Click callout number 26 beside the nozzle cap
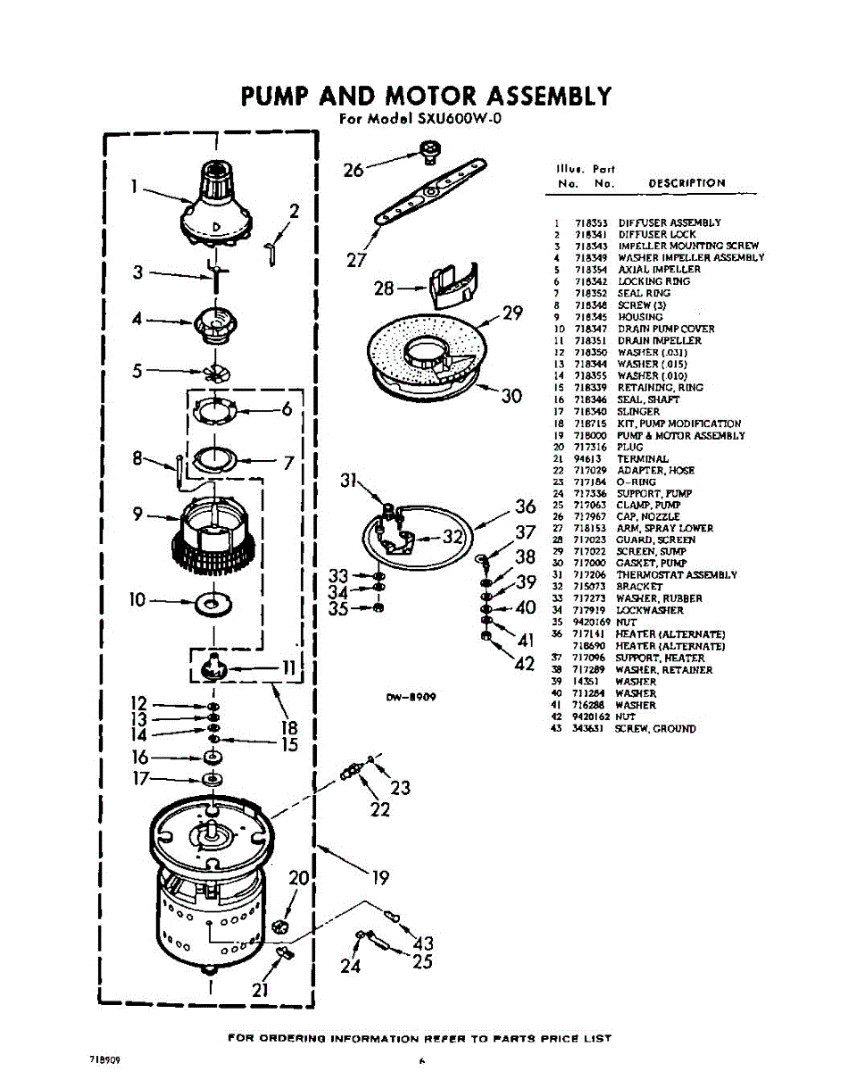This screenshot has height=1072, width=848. click(x=354, y=169)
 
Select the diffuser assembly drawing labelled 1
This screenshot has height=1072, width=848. click(x=216, y=203)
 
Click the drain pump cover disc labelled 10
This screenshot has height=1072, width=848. click(x=212, y=605)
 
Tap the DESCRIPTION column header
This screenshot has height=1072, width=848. click(x=686, y=183)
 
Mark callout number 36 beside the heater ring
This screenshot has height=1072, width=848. click(x=525, y=507)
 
